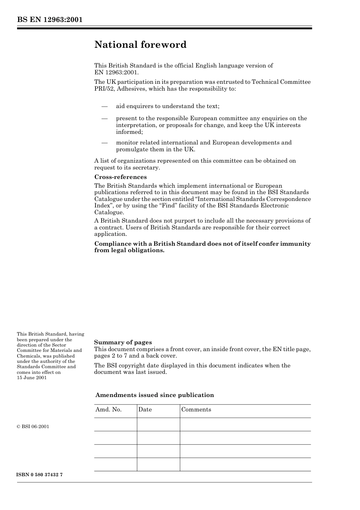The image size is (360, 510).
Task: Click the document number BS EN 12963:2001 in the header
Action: click(50, 20)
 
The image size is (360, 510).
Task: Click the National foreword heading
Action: click(140, 45)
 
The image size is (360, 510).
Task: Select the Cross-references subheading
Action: click(120, 177)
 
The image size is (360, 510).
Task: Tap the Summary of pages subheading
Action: click(123, 342)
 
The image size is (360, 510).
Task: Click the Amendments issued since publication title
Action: click(155, 395)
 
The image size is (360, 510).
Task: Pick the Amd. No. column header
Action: click(108, 410)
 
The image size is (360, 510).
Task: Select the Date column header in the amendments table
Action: click(145, 410)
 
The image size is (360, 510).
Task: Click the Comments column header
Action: click(196, 410)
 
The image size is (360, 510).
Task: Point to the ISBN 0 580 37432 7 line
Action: click(40, 475)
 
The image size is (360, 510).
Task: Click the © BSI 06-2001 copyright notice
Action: click(33, 427)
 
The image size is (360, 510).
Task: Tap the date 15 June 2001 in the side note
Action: click(32, 378)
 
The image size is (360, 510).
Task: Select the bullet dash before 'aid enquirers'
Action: click(105, 107)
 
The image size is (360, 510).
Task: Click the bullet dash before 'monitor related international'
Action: click(105, 143)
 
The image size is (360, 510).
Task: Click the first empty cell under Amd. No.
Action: click(116, 425)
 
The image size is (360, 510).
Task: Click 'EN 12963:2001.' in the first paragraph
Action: click(116, 72)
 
